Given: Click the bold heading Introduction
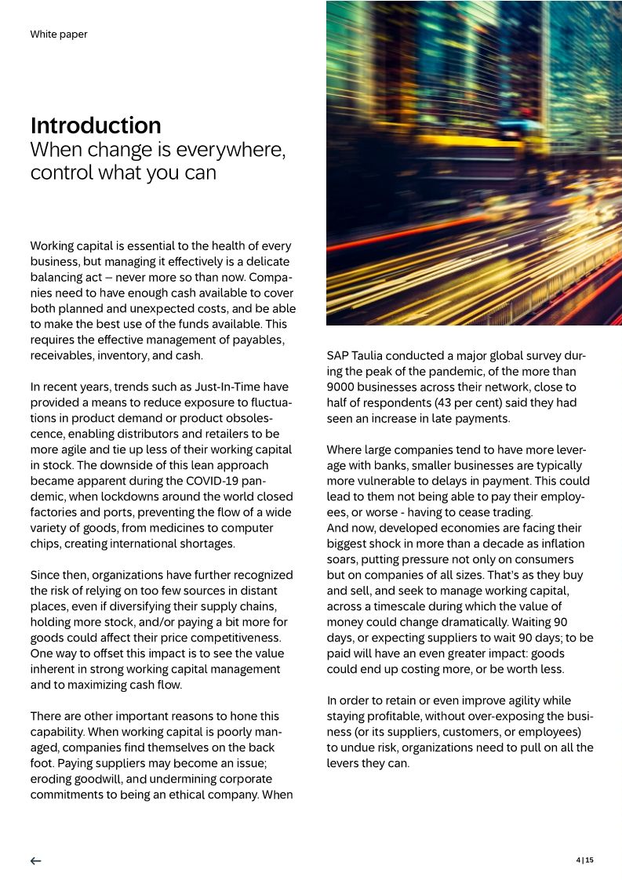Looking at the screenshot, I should [x=96, y=125].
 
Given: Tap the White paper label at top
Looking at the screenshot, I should [x=59, y=35].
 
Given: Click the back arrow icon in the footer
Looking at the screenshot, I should [x=36, y=860].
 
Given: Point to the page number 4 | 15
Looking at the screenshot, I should [x=585, y=860].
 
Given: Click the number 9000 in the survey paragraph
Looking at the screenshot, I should [x=340, y=387].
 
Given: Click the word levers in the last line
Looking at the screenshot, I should [x=344, y=763].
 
